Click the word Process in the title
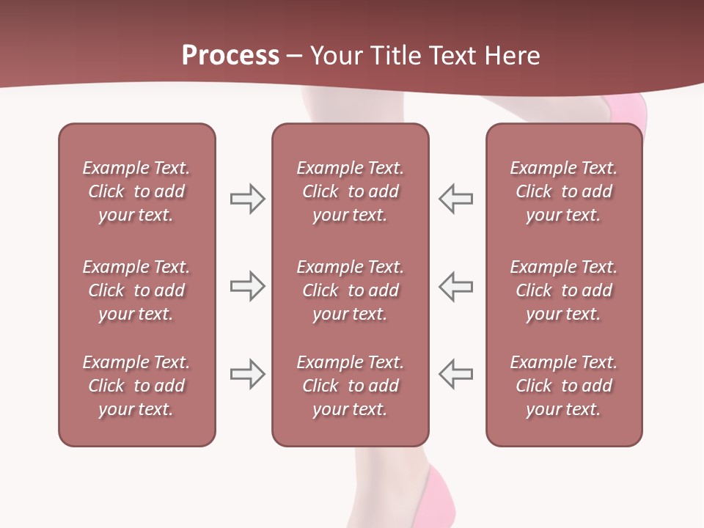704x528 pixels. (230, 56)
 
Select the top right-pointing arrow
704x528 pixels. (247, 199)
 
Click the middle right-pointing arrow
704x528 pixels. (247, 286)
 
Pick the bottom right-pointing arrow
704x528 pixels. (247, 373)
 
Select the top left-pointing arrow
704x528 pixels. (456, 199)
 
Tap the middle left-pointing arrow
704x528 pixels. (456, 286)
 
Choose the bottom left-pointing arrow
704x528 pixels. (456, 373)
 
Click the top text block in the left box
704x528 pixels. (136, 191)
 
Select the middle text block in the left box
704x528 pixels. (136, 290)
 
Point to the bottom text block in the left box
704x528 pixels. (136, 386)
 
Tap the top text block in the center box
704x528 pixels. (350, 191)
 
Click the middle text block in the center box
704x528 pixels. (350, 290)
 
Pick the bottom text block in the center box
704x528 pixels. (350, 386)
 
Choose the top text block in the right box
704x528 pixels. (563, 191)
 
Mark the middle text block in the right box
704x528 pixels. (563, 290)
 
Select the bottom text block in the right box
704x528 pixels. (563, 386)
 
